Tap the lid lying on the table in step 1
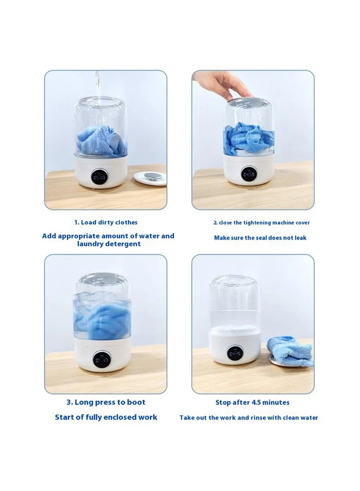click(x=150, y=177)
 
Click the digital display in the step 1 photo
click(x=99, y=177)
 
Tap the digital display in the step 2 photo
click(x=249, y=173)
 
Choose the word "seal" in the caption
click(x=260, y=238)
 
